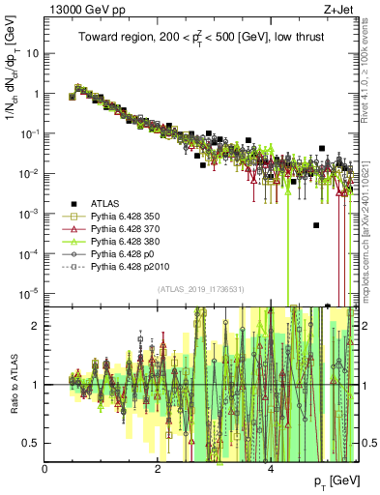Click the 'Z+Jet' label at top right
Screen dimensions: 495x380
341,11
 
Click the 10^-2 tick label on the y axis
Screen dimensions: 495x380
29,173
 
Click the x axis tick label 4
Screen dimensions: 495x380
270,468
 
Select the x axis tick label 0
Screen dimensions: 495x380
45,468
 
